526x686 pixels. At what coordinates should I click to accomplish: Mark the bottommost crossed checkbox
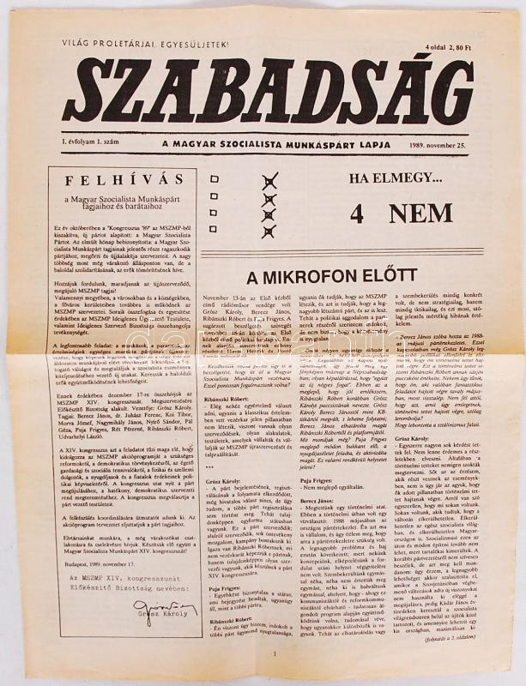[x=269, y=231]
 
